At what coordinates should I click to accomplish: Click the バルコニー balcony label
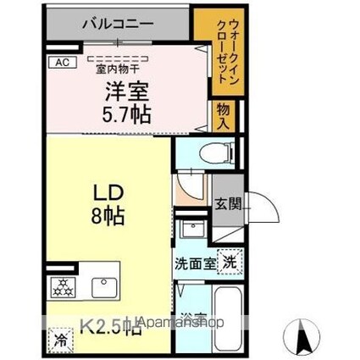click(118, 25)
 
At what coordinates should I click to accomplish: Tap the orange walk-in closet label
click(223, 53)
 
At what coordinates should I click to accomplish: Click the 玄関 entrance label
click(229, 203)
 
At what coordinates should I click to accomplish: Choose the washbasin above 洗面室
click(191, 230)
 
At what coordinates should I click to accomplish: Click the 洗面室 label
click(196, 263)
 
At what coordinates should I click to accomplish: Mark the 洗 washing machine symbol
click(230, 263)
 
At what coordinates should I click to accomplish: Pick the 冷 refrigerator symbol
click(60, 341)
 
